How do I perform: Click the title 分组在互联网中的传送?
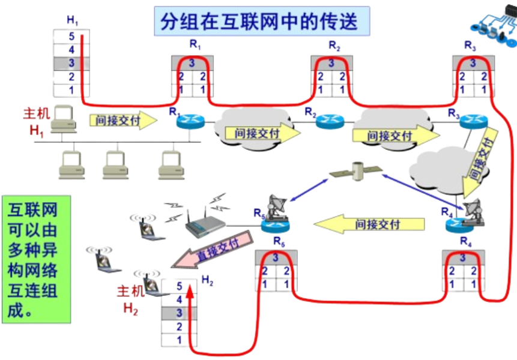[259, 21]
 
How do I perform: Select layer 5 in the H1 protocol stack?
[71, 35]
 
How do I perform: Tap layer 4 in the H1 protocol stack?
[71, 49]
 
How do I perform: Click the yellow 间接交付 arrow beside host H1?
[123, 119]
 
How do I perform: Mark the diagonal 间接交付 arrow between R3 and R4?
[480, 160]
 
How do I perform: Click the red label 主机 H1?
[34, 122]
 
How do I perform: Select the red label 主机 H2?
[131, 300]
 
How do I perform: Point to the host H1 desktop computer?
[64, 120]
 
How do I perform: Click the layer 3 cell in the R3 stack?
[473, 62]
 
